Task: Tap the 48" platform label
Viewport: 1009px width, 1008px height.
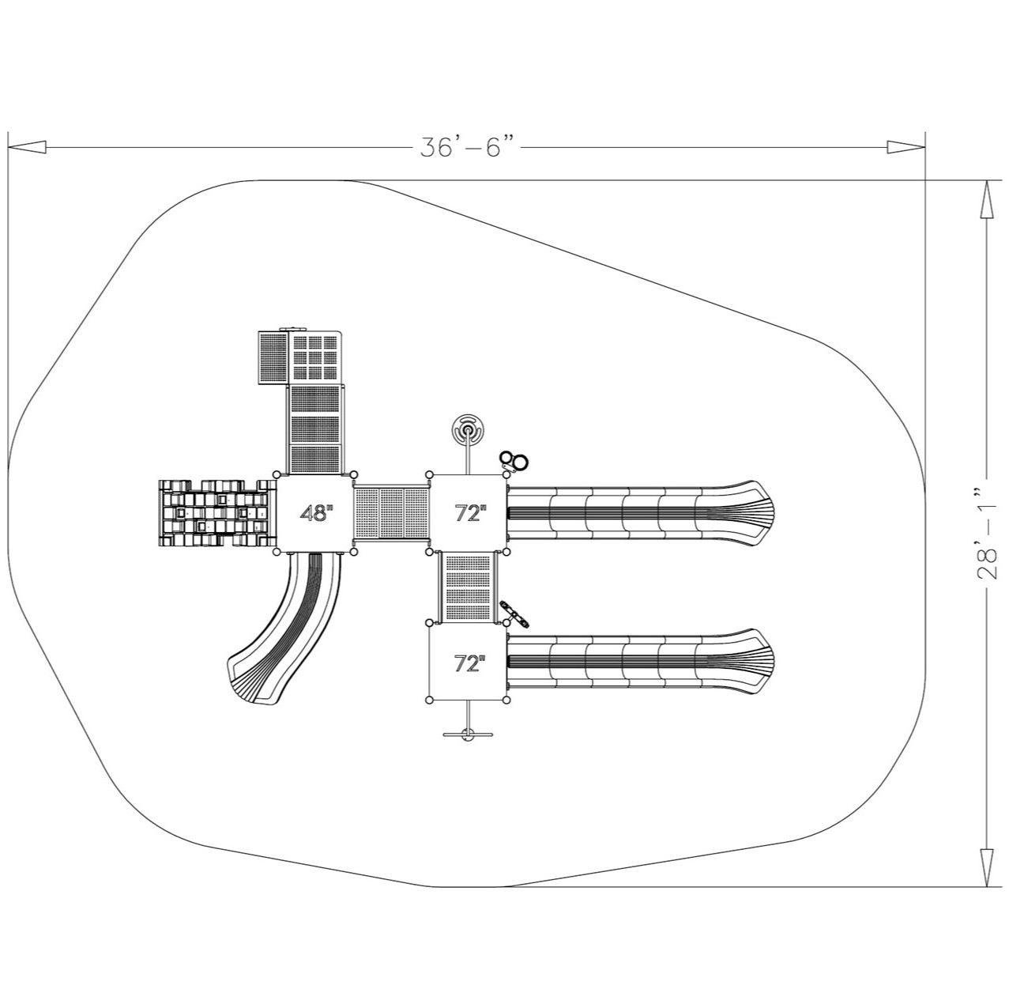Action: click(x=315, y=513)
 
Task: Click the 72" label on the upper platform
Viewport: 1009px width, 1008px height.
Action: click(x=469, y=513)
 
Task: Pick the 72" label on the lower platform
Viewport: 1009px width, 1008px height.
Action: click(x=469, y=663)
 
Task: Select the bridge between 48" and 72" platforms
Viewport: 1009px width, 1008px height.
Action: click(x=392, y=513)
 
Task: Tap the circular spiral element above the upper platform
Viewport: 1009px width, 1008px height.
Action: click(x=469, y=432)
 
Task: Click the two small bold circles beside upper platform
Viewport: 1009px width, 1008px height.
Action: click(x=514, y=460)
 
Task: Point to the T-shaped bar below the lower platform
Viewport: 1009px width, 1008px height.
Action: click(x=469, y=734)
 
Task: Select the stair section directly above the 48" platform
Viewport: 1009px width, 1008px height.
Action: click(x=315, y=428)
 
